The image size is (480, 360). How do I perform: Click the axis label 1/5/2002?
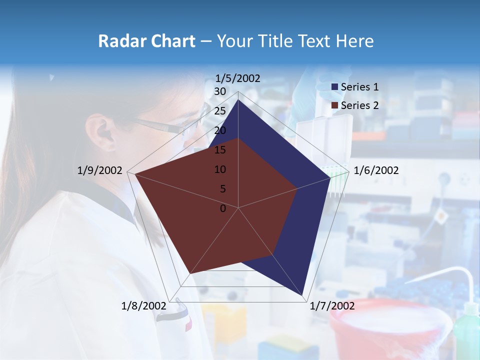pyautogui.click(x=238, y=78)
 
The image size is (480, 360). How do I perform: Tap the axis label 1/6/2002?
pyautogui.click(x=376, y=171)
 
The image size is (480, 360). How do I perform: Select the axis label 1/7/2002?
pyautogui.click(x=332, y=306)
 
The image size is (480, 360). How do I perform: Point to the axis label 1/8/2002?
pyautogui.click(x=144, y=306)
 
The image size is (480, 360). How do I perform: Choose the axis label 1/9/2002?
pyautogui.click(x=100, y=171)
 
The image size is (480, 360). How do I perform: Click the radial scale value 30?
pyautogui.click(x=219, y=91)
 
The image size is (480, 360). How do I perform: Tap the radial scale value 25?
pyautogui.click(x=219, y=111)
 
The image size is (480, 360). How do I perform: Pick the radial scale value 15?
pyautogui.click(x=219, y=150)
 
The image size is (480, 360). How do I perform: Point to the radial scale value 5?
pyautogui.click(x=222, y=189)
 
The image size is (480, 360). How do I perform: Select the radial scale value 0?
pyautogui.click(x=223, y=208)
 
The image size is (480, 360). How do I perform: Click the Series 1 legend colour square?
pyautogui.click(x=335, y=87)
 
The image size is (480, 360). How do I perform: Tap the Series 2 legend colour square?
pyautogui.click(x=335, y=105)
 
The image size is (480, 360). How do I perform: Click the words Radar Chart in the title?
pyautogui.click(x=146, y=41)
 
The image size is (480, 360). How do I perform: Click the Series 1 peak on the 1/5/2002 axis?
pyautogui.click(x=238, y=100)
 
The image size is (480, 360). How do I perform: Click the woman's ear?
pyautogui.click(x=102, y=131)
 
